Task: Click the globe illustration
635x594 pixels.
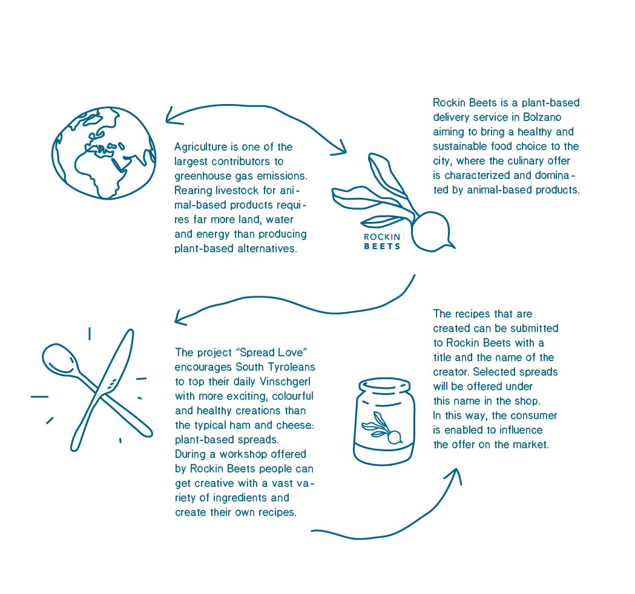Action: click(x=104, y=153)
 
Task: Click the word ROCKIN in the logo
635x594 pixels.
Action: click(x=382, y=237)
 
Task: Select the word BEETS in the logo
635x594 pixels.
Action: click(x=382, y=246)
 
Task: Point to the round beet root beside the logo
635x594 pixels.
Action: click(x=431, y=232)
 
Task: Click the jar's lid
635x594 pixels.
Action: click(x=384, y=387)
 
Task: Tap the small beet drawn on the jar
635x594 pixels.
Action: click(x=383, y=429)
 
